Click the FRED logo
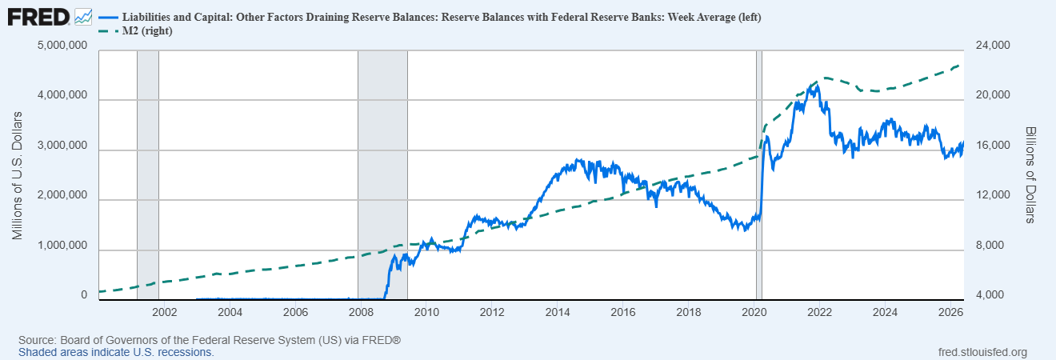click(38, 18)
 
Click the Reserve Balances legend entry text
click(442, 17)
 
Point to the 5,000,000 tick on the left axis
click(62, 46)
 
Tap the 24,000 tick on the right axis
click(993, 46)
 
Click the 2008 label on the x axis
click(361, 312)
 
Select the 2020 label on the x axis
click(754, 312)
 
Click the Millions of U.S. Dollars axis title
click(18, 175)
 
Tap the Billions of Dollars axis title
click(1030, 175)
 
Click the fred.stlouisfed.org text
click(982, 352)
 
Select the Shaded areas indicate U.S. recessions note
click(116, 352)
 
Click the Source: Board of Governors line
click(210, 340)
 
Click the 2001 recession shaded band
click(148, 175)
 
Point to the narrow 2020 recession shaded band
click(759, 175)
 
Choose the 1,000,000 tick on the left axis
click(62, 245)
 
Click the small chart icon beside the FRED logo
click(83, 18)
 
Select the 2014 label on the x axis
click(558, 312)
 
